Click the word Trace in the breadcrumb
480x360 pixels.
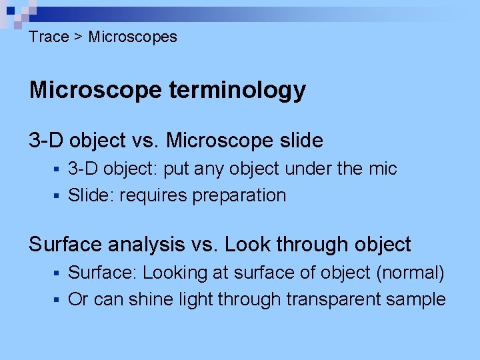(49, 37)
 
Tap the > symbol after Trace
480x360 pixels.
(78, 37)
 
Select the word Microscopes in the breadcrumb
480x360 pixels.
(133, 37)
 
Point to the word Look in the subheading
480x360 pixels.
(247, 245)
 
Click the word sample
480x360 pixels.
(416, 300)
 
